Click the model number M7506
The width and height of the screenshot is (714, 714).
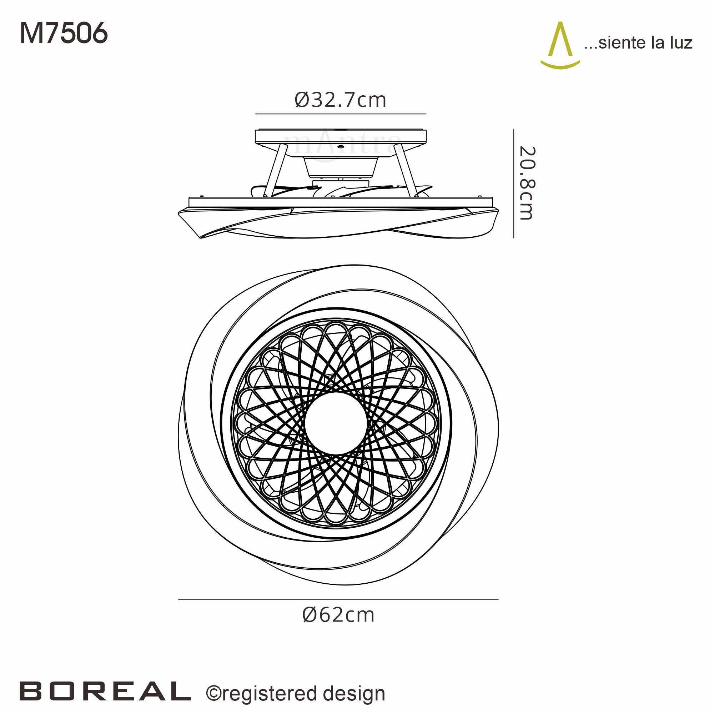64,33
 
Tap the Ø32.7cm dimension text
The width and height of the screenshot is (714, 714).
340,100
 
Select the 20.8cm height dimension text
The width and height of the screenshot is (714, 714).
526,183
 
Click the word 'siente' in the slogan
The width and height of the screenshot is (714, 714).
622,43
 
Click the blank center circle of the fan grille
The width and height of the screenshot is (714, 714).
336,423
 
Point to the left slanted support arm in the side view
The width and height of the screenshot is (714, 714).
276,170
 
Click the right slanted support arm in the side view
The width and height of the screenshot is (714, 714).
406,170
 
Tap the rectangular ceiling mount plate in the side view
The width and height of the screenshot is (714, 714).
340,136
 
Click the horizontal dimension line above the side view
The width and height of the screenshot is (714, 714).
340,114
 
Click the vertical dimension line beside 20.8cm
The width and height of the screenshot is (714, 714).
514,183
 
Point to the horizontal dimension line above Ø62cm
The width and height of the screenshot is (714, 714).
338,599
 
